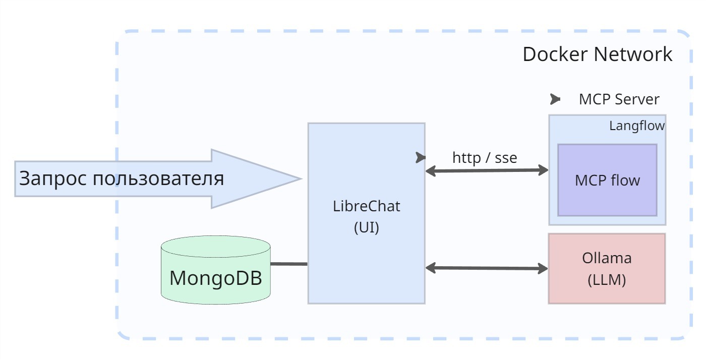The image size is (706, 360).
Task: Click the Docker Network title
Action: coord(597,54)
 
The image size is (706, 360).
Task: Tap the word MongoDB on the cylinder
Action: coord(216,278)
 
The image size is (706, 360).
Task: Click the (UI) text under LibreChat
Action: coord(367,227)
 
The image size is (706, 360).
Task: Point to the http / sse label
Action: coord(485,158)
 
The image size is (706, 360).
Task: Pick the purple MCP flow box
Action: coord(607,180)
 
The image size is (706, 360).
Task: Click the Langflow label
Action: coord(636,126)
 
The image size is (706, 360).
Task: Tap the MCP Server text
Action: coord(619,99)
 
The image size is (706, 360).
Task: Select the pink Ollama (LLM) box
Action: coord(607,268)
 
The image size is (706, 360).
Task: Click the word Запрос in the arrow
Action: coord(49,178)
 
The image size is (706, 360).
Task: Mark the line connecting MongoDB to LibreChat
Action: coord(289,264)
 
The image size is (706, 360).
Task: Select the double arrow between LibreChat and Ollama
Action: coord(487,268)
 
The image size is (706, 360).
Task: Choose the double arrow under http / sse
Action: coord(487,171)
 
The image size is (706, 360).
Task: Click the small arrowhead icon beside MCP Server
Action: coord(555,99)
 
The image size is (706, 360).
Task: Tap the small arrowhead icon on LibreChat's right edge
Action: coord(420,158)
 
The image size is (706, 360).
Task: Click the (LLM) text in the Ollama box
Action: coord(607,280)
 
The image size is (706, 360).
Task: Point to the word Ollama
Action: coord(607,258)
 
